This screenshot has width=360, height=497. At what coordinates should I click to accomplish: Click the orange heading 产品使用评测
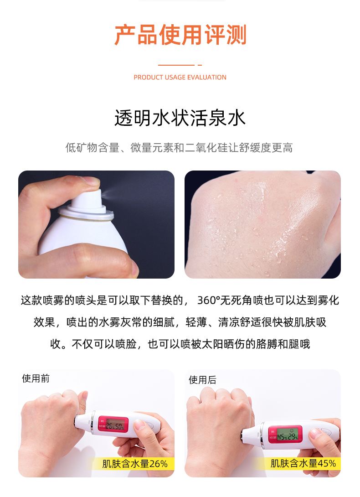[180, 36]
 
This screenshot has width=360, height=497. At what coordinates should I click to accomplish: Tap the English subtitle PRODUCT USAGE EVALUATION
[180, 78]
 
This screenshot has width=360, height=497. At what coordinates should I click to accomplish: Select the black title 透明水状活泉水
[180, 118]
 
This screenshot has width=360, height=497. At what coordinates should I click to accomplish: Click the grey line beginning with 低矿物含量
[179, 148]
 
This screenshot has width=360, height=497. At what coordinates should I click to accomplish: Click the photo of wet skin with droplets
[262, 224]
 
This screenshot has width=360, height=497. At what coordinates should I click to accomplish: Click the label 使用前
[36, 378]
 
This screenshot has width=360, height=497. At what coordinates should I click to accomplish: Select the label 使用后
[202, 380]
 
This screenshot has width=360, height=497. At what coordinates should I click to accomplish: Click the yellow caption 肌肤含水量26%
[135, 464]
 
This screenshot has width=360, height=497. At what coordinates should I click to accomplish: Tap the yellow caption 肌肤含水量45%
[303, 463]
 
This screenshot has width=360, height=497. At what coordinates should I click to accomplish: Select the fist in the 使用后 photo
[219, 419]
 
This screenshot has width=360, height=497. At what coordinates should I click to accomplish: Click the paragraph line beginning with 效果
[180, 322]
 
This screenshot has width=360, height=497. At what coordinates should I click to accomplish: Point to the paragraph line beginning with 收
[180, 344]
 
